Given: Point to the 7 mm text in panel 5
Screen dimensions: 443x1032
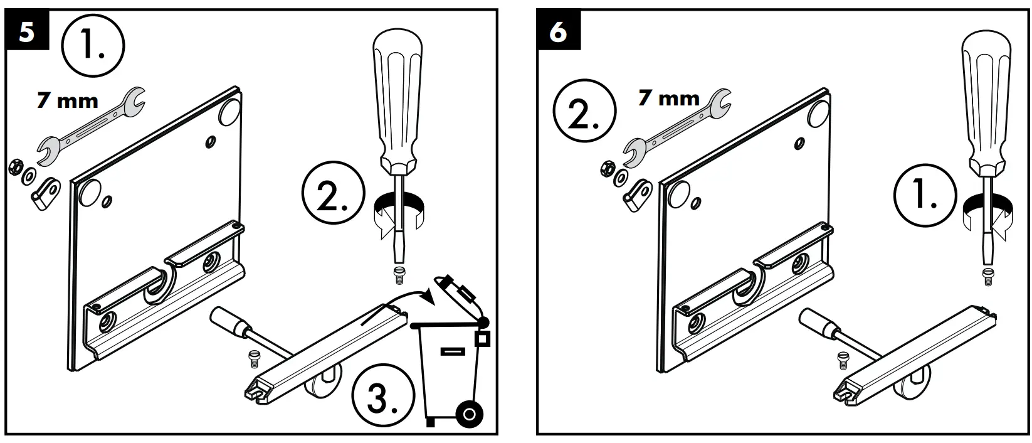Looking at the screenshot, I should (x=68, y=100).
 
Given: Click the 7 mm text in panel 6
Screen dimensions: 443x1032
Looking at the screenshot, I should (x=668, y=99).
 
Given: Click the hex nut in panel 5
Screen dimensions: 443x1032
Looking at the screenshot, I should (x=16, y=168).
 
